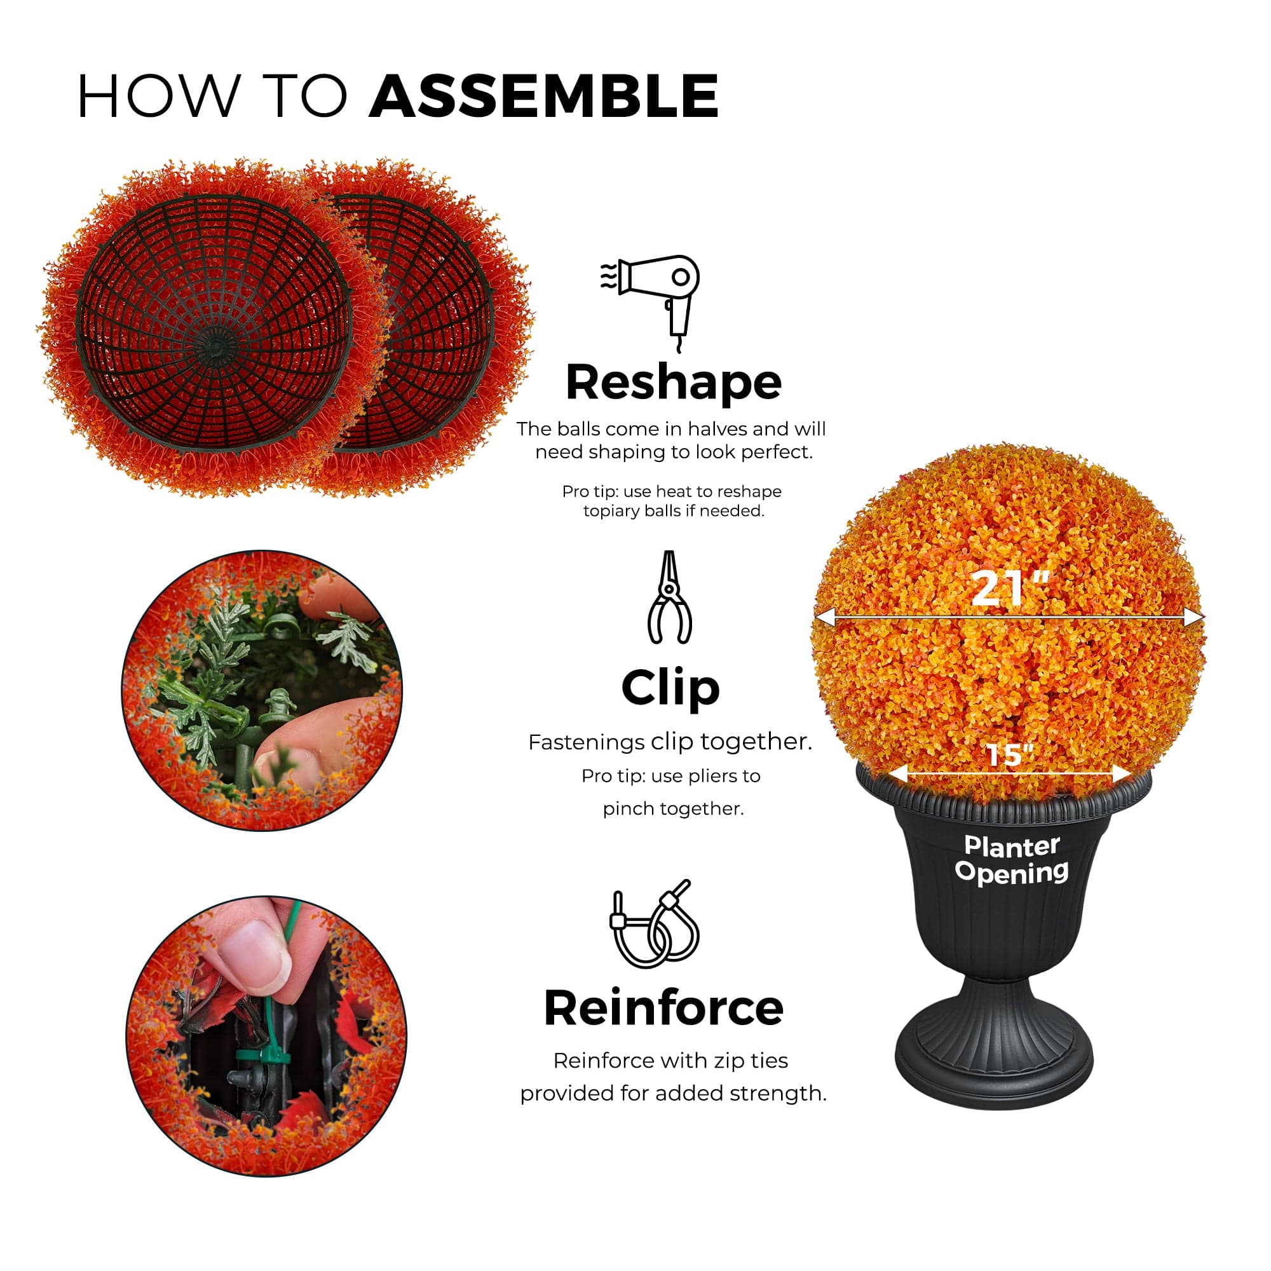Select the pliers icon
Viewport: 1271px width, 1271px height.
pyautogui.click(x=669, y=597)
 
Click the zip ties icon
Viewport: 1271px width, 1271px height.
pyautogui.click(x=653, y=923)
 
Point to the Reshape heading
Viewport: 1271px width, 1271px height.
pyautogui.click(x=673, y=382)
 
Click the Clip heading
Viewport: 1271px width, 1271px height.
pyautogui.click(x=670, y=688)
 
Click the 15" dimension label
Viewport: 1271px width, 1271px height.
pyautogui.click(x=1010, y=754)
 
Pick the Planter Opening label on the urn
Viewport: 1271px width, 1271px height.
pyautogui.click(x=1012, y=859)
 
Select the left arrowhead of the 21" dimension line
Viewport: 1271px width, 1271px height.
pyautogui.click(x=824, y=616)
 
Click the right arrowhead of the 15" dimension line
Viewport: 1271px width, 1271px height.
pyautogui.click(x=1122, y=774)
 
